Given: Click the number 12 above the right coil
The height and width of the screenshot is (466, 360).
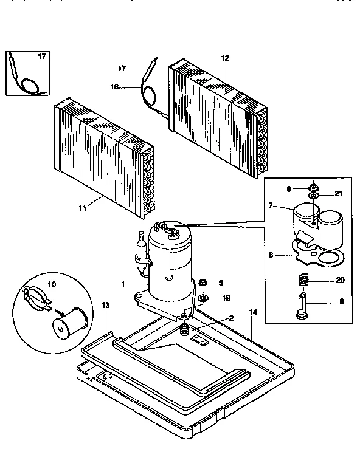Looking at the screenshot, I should tap(225, 58).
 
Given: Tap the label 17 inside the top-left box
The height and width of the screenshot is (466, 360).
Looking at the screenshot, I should tap(42, 57).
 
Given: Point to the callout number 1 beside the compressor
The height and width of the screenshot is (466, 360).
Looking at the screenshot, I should tap(123, 284).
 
